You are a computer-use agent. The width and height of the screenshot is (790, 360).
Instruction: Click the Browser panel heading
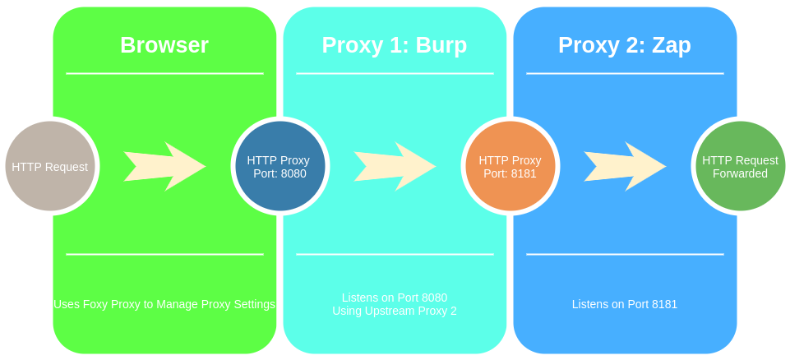[x=164, y=45]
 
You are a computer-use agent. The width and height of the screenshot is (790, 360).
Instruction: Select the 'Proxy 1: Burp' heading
[x=395, y=45]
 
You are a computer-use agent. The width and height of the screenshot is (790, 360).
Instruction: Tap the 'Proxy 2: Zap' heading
[x=625, y=45]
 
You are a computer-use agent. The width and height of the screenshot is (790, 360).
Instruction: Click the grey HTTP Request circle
[x=49, y=166]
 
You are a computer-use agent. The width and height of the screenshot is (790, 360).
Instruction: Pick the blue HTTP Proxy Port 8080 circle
[x=280, y=166]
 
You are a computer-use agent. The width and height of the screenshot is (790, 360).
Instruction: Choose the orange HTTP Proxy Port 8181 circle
[x=510, y=166]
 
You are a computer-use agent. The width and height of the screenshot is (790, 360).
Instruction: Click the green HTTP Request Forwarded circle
[x=740, y=166]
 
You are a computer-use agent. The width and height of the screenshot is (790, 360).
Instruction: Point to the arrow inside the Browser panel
[x=164, y=166]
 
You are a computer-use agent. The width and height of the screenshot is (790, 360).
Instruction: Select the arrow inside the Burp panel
[x=395, y=166]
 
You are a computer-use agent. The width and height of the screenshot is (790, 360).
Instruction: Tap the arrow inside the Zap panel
[x=625, y=166]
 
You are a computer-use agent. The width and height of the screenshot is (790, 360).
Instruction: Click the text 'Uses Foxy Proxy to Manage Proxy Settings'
[x=164, y=304]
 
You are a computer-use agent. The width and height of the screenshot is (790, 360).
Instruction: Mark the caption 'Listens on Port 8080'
[x=395, y=298]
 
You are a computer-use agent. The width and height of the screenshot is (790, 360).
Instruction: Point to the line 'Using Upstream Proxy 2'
[x=395, y=312]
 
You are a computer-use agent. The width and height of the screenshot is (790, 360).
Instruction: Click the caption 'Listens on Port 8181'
[x=625, y=304]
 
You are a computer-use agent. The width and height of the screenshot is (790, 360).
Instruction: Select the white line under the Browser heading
[x=164, y=73]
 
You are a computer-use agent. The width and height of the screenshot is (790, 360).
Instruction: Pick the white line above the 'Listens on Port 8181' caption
[x=625, y=254]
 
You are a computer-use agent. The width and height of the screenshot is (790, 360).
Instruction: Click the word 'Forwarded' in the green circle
[x=740, y=173]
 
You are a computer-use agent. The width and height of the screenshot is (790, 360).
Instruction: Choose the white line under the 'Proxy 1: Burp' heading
[x=395, y=73]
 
